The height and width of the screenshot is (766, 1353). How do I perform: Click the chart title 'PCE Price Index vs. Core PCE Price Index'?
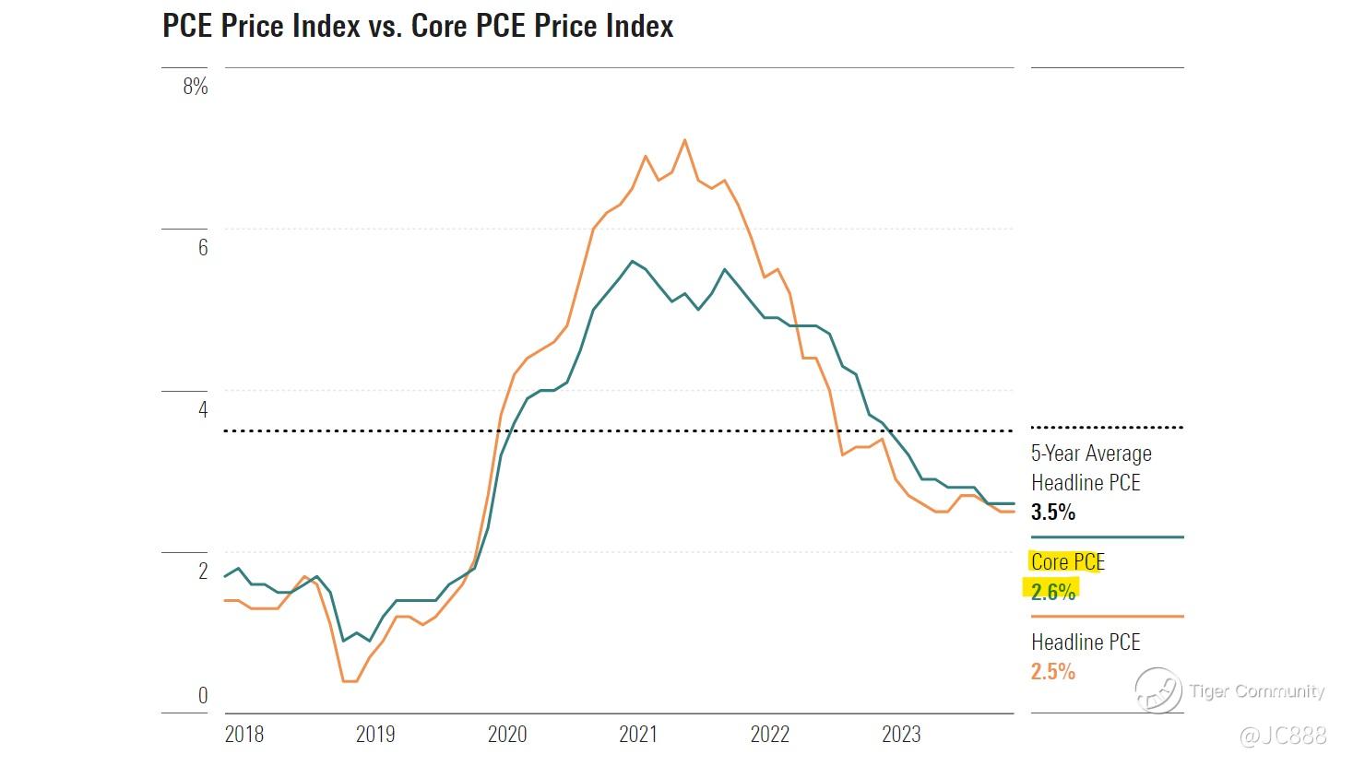click(x=418, y=26)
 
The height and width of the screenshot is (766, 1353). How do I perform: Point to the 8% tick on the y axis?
click(x=196, y=87)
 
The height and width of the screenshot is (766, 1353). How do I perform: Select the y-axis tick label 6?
click(x=203, y=247)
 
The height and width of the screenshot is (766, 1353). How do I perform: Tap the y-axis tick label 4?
click(x=203, y=408)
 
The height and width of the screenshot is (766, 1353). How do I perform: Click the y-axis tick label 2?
click(x=203, y=571)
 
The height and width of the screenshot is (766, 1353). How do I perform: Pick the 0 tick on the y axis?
click(x=203, y=695)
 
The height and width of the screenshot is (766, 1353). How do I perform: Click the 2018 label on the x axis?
click(x=244, y=734)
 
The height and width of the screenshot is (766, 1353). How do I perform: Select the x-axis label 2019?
click(x=375, y=734)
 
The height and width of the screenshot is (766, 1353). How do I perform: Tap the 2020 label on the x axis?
click(x=507, y=734)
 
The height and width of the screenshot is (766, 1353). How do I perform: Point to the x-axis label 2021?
click(x=638, y=734)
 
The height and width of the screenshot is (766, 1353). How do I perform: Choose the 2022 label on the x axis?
click(x=770, y=734)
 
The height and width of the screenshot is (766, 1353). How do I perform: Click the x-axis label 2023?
click(x=901, y=734)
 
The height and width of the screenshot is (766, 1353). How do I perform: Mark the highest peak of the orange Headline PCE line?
click(x=684, y=140)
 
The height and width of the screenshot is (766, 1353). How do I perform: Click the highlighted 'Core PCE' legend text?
click(x=1067, y=561)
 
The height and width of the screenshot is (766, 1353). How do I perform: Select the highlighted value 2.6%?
click(x=1052, y=591)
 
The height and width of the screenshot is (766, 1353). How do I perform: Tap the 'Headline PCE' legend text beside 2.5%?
click(x=1086, y=642)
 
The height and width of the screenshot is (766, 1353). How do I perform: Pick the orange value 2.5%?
click(x=1052, y=671)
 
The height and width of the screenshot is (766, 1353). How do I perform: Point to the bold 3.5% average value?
click(x=1052, y=512)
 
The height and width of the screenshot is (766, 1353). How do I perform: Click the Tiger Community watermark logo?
click(x=1158, y=690)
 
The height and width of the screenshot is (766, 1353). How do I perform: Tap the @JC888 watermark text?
click(x=1283, y=735)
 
